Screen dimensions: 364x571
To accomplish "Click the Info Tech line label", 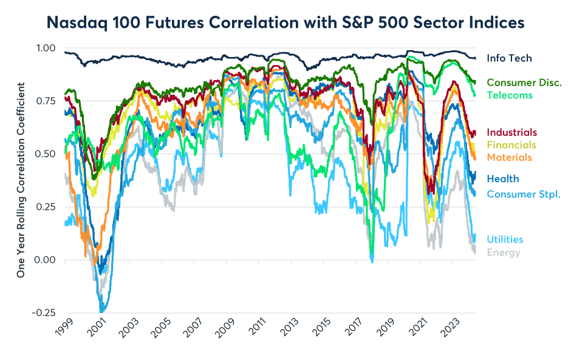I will point(509,58).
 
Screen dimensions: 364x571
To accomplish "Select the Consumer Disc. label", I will point(524,83).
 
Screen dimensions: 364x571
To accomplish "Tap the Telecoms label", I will point(510,95).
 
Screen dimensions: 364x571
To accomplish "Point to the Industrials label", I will point(512,132).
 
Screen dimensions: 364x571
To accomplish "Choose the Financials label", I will point(511,145).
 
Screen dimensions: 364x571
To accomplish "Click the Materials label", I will point(510,157).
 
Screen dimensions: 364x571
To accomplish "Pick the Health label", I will point(503,178).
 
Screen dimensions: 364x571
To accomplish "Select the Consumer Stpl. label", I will point(523,194).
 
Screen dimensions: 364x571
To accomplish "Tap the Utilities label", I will point(505,240).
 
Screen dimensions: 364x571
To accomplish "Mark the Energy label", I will point(504,252).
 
